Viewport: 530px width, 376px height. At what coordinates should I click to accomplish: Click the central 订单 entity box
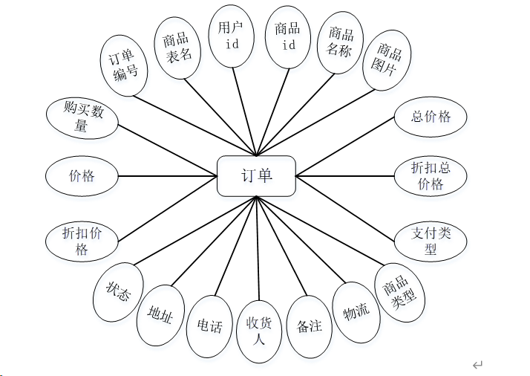click(x=257, y=176)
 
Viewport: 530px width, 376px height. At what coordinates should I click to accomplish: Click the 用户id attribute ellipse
click(x=231, y=35)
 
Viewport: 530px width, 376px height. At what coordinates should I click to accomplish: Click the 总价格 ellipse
click(x=431, y=117)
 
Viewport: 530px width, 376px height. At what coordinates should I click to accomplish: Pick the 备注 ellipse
click(x=309, y=325)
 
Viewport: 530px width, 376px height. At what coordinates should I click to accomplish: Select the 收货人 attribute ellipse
click(x=259, y=332)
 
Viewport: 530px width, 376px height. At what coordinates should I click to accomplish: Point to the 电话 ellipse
click(x=209, y=326)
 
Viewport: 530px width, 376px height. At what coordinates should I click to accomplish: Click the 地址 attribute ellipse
click(x=160, y=317)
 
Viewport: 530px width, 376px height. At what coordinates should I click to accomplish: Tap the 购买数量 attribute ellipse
click(x=81, y=117)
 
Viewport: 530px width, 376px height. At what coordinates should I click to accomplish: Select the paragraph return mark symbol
click(x=477, y=364)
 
